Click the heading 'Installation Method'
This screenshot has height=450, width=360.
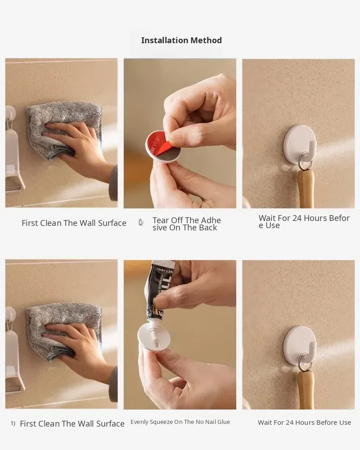pos(181,40)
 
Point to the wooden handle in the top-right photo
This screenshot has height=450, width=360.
pos(306,189)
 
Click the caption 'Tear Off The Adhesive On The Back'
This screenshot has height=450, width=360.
pos(187,224)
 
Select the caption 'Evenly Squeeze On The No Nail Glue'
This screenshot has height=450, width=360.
pos(180,422)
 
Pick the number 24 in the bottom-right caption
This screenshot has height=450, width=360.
pos(290,423)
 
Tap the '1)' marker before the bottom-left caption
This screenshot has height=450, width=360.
pos(13,423)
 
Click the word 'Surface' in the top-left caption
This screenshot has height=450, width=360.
pos(112,223)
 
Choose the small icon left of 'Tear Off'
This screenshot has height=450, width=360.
pos(141,222)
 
